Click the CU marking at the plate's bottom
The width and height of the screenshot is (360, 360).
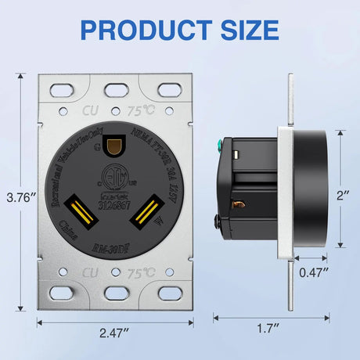[x=91, y=275]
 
